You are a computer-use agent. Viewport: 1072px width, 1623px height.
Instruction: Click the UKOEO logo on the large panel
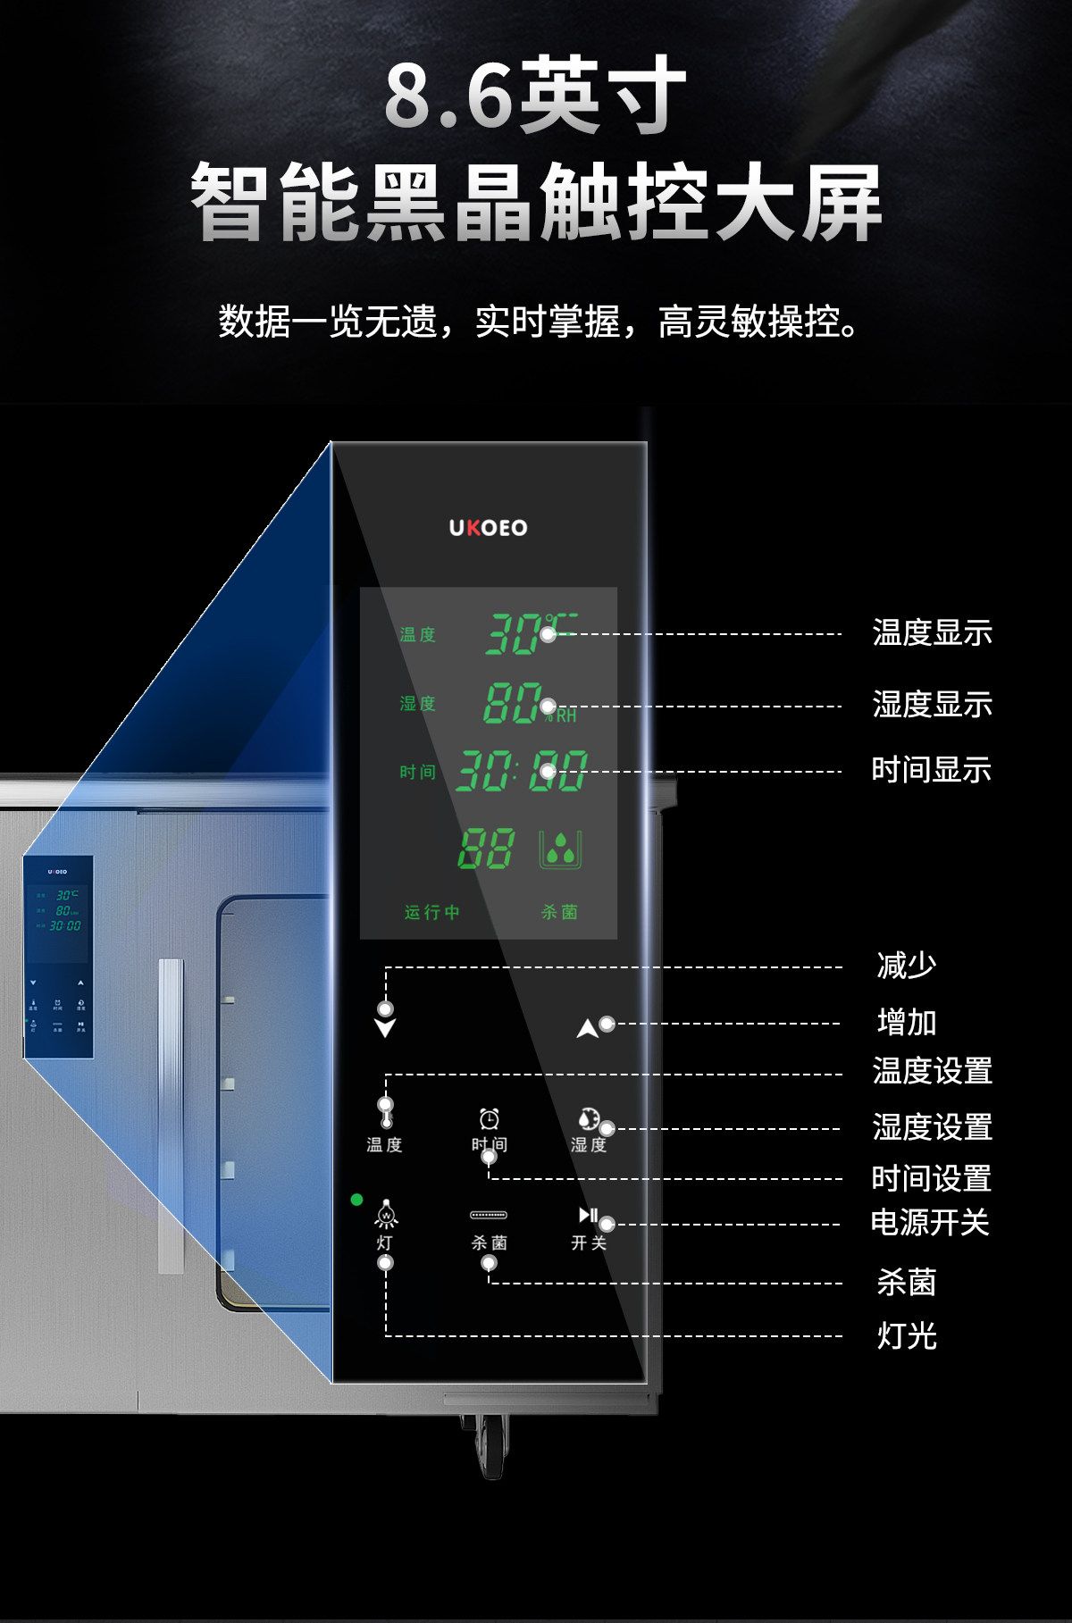coord(488,528)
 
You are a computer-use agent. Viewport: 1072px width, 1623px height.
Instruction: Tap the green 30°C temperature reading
coord(527,633)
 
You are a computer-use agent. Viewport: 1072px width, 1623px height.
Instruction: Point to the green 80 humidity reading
coord(513,703)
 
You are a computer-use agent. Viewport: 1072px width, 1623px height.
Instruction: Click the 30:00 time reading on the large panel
coord(522,772)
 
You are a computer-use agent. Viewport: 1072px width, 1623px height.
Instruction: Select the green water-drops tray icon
coord(560,849)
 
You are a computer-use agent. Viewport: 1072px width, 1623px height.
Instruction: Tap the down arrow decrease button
coord(385,1027)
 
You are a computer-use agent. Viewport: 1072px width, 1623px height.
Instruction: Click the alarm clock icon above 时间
coord(490,1119)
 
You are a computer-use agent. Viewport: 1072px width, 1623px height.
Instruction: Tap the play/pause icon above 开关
coord(588,1215)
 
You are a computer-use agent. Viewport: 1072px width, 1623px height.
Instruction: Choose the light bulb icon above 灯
coord(386,1215)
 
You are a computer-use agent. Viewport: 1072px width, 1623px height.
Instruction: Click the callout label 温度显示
coord(932,633)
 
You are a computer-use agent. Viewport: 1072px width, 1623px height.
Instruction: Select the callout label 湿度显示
coord(932,705)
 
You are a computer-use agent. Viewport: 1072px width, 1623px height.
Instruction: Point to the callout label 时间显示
coord(931,770)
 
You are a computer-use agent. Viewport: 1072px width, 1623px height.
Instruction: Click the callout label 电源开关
coord(930,1223)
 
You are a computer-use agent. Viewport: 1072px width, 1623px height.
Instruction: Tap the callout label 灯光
coord(907,1336)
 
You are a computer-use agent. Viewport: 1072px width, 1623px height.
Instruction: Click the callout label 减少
coord(907,966)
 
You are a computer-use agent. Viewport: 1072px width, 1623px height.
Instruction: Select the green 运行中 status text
coord(432,912)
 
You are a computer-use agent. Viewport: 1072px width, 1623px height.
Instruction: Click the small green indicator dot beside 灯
coord(356,1200)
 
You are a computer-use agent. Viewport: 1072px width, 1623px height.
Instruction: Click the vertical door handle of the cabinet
coord(171,1117)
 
